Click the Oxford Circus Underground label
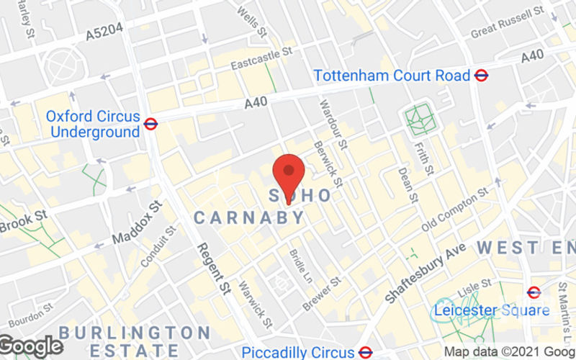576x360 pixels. (93, 124)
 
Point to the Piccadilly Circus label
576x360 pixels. (297, 352)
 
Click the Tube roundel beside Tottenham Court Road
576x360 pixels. (482, 75)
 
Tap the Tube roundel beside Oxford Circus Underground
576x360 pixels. (150, 124)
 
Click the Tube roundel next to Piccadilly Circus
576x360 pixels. (365, 352)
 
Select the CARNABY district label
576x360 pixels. (248, 217)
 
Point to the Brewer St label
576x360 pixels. (321, 294)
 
